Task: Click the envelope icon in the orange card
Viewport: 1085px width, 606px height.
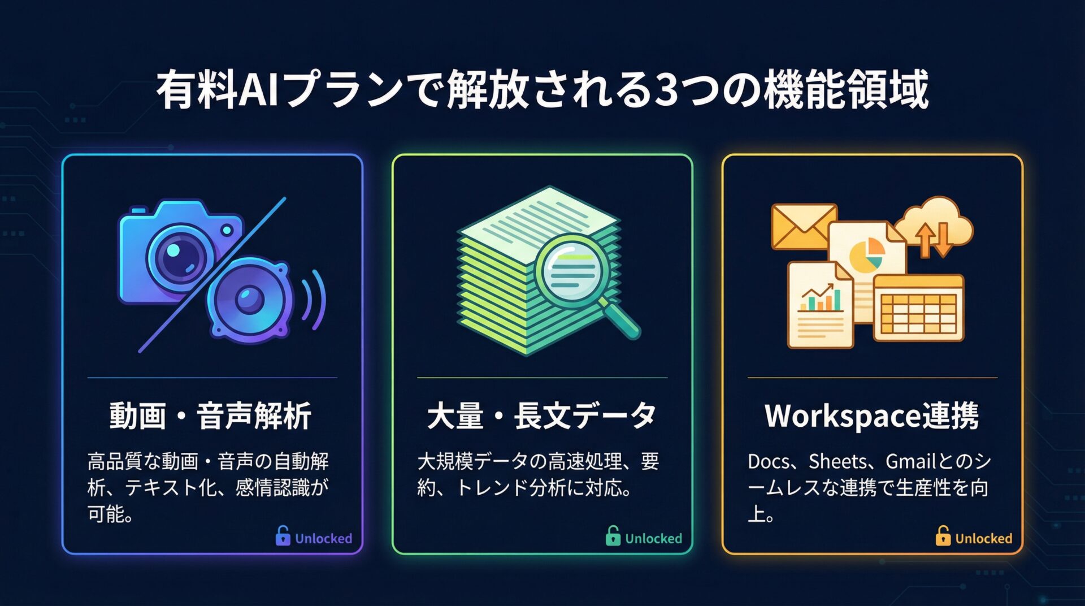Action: coord(804,227)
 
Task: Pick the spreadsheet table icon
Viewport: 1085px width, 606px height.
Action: coord(918,308)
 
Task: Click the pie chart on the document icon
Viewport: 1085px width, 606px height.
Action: coord(866,254)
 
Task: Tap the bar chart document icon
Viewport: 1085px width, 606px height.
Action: coord(821,305)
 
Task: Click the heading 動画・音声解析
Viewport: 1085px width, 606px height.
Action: coord(210,416)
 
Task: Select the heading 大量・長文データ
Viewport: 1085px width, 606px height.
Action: coord(541,416)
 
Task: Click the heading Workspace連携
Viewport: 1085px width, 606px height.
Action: coord(871,416)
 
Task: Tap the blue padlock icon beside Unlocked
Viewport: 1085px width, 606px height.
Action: coord(283,535)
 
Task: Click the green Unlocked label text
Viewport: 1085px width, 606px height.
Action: coord(653,538)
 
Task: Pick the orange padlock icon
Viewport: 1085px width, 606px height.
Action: coord(943,535)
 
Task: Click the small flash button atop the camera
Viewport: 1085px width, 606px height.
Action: coord(138,210)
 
